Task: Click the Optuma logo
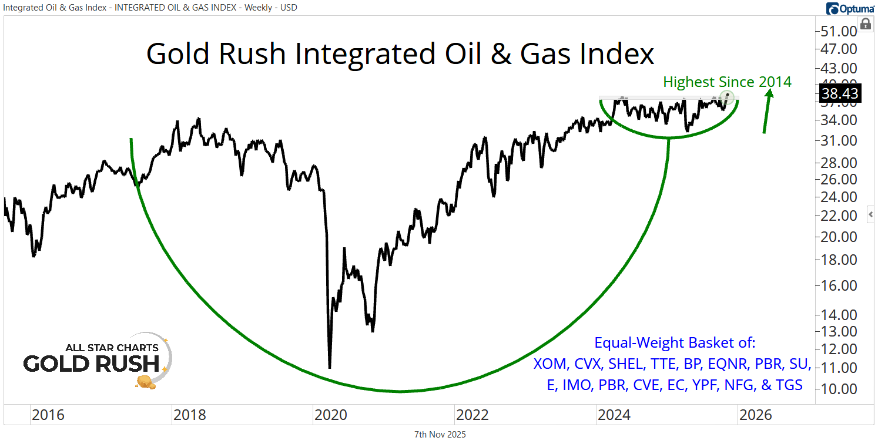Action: (x=850, y=8)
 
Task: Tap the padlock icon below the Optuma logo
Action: (x=865, y=24)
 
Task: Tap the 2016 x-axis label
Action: (x=48, y=415)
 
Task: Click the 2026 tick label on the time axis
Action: (x=756, y=415)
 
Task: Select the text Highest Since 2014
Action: (x=727, y=82)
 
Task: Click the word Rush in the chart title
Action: (x=254, y=54)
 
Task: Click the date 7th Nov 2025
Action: (x=440, y=435)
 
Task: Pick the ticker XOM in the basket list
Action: (x=551, y=364)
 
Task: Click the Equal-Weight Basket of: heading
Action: (x=675, y=342)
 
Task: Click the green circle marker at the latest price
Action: (x=728, y=96)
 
